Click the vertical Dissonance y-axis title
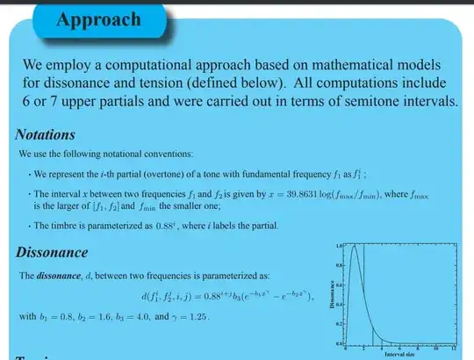327,294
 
